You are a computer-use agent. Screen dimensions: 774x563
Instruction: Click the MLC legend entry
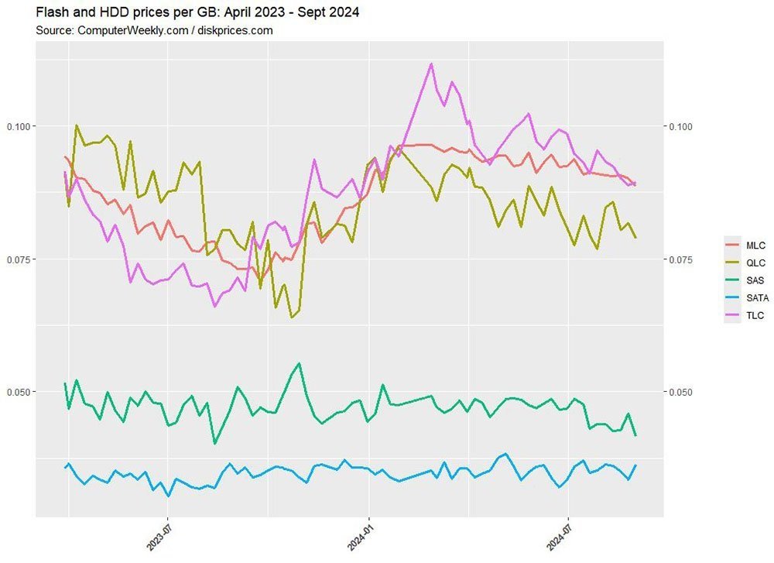pyautogui.click(x=745, y=245)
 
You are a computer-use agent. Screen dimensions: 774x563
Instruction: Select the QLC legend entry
pyautogui.click(x=745, y=263)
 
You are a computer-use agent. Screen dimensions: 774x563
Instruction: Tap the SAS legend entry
pyautogui.click(x=745, y=280)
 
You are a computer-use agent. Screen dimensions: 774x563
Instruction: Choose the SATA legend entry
pyautogui.click(x=747, y=298)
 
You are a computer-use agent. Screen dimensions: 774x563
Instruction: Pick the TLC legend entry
pyautogui.click(x=745, y=316)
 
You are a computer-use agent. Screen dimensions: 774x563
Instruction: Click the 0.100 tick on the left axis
pyautogui.click(x=19, y=126)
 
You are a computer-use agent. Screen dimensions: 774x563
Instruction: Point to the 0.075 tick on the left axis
pyautogui.click(x=19, y=259)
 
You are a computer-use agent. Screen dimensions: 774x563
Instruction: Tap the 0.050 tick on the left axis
pyautogui.click(x=19, y=392)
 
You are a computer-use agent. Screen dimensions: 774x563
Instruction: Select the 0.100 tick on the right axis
pyautogui.click(x=680, y=126)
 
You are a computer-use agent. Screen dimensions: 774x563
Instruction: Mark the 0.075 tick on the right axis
pyautogui.click(x=680, y=259)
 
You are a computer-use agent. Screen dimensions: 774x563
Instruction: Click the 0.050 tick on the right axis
pyautogui.click(x=680, y=392)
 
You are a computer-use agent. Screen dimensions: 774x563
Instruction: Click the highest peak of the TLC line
pyautogui.click(x=431, y=64)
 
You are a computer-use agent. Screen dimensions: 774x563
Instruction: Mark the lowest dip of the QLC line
pyautogui.click(x=292, y=317)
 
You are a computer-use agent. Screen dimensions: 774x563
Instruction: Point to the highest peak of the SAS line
pyautogui.click(x=299, y=363)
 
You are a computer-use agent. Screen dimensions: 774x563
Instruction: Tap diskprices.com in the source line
pyautogui.click(x=235, y=31)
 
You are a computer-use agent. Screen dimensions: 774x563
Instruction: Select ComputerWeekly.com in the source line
pyautogui.click(x=133, y=31)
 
